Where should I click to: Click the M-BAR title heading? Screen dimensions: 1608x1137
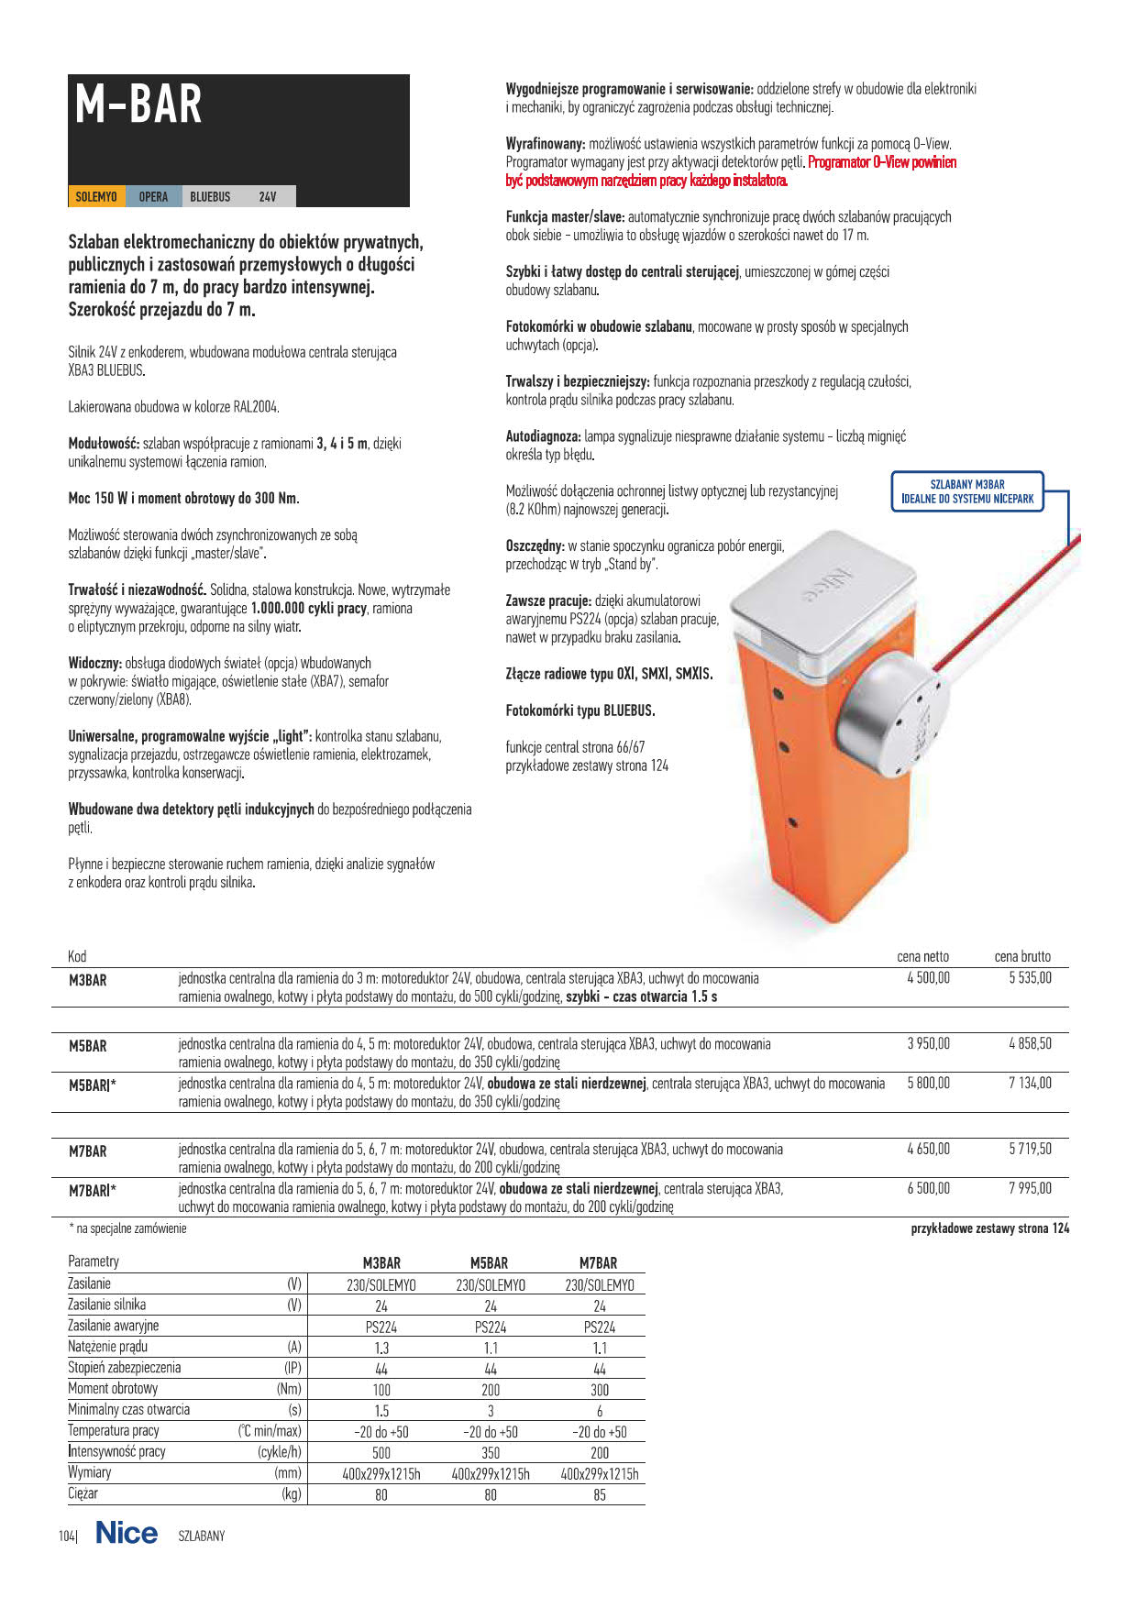[138, 105]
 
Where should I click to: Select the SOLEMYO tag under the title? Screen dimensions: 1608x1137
[96, 196]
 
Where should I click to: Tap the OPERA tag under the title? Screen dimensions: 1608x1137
[153, 196]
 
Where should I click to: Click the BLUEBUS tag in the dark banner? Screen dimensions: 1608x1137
[210, 196]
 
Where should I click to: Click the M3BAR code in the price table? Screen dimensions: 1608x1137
[88, 980]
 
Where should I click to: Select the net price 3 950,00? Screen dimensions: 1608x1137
[928, 1043]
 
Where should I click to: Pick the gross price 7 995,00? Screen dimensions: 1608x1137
[1030, 1188]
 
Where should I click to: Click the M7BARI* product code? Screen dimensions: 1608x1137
[93, 1191]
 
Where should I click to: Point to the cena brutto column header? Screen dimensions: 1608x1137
[1022, 956]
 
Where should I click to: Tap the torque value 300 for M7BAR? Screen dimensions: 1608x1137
[599, 1390]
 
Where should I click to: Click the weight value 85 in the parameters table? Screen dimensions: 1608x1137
[599, 1495]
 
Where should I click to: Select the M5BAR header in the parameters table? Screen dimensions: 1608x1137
[490, 1263]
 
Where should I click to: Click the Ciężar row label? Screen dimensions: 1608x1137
[83, 1493]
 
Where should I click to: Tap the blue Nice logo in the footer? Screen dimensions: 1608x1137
[127, 1533]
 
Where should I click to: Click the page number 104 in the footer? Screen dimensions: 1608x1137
[67, 1536]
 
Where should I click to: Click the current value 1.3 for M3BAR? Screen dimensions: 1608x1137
[381, 1348]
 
